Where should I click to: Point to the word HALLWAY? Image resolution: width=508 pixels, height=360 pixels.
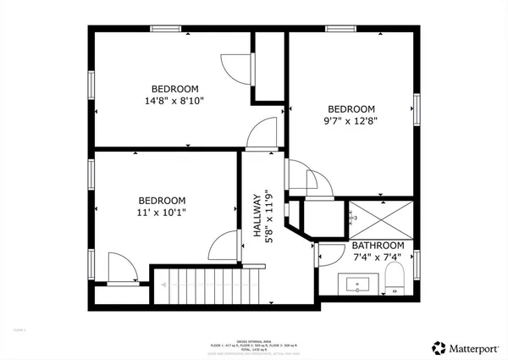tap(257, 213)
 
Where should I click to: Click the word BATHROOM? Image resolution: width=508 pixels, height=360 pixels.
tap(378, 246)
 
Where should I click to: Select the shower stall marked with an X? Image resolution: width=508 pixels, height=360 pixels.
tap(380, 219)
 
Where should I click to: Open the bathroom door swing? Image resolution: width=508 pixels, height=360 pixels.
tap(327, 254)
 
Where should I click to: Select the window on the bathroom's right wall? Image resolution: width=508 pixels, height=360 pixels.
tap(417, 263)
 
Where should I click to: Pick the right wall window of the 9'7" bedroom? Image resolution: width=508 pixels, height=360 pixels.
tap(417, 108)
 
